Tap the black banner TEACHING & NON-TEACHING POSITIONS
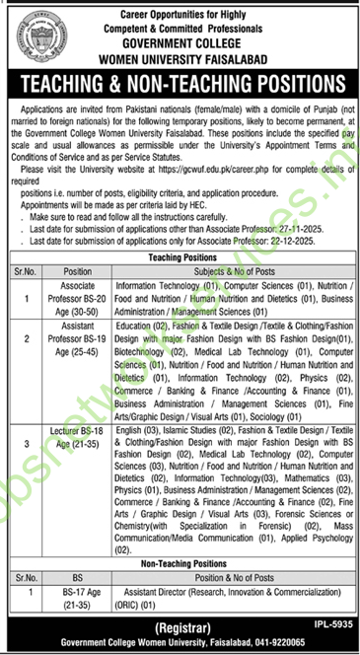coord(180,82)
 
